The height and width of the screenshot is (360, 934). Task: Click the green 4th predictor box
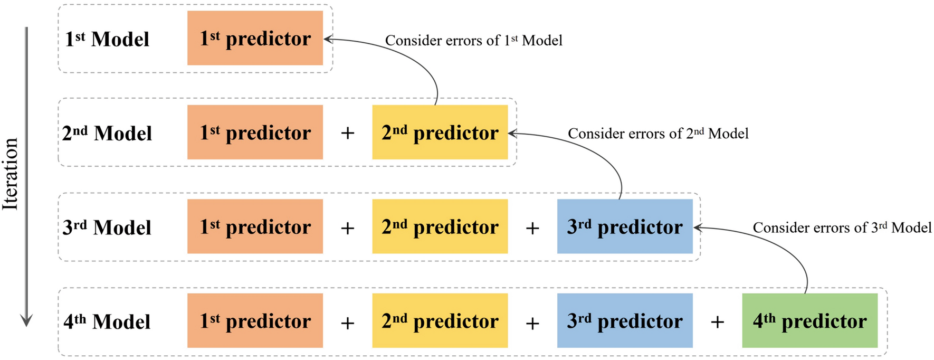[809, 320]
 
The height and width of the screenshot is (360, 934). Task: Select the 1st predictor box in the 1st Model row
[255, 38]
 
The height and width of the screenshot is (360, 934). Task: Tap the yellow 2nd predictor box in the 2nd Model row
[440, 132]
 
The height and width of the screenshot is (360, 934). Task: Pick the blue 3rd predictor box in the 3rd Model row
[625, 226]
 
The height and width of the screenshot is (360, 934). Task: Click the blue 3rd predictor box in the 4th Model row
[625, 320]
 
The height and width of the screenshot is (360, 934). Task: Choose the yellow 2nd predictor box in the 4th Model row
[440, 320]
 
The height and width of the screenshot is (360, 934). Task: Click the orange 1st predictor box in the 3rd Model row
[255, 226]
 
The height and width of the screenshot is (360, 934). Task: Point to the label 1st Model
[107, 39]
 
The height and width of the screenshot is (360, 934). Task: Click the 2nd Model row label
[107, 133]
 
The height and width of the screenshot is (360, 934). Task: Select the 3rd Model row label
[107, 228]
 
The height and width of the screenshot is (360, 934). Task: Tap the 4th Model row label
[107, 321]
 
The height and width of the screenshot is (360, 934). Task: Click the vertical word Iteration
[11, 174]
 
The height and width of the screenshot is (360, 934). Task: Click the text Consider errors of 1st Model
[473, 41]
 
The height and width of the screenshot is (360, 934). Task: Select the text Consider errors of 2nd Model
[658, 134]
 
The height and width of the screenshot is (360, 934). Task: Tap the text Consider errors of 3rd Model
[842, 228]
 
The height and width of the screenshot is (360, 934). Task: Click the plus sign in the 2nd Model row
[347, 133]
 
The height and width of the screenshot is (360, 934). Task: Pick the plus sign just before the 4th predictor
[717, 321]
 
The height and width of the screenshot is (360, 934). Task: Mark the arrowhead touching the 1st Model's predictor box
[327, 39]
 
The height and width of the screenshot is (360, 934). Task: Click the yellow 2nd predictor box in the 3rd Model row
[440, 226]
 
